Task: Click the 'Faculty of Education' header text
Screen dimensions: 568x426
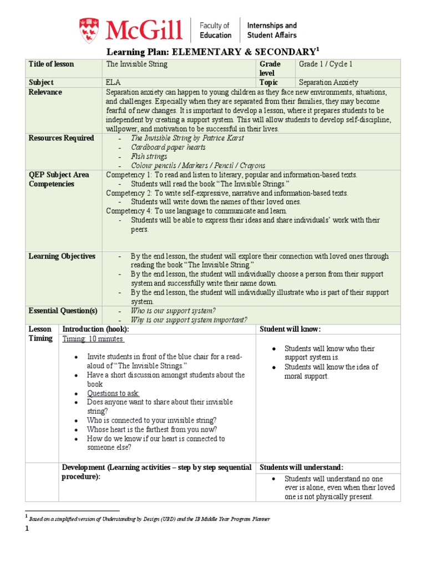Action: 215,30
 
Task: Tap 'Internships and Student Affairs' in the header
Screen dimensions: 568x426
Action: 271,30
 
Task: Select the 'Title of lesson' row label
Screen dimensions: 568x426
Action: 51,64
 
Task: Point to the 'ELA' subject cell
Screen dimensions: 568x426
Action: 113,82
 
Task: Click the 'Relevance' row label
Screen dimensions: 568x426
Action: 45,92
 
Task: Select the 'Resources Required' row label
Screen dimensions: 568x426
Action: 61,138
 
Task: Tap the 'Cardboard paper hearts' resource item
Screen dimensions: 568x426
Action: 168,148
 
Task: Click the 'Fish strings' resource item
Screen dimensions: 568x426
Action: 150,156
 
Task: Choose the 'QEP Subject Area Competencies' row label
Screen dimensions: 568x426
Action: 58,179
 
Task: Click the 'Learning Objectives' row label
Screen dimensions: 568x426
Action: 62,256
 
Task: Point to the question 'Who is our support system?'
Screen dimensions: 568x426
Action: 173,310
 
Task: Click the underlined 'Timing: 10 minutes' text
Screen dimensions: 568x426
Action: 93,339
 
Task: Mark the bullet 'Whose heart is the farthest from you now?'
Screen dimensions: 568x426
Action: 151,429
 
